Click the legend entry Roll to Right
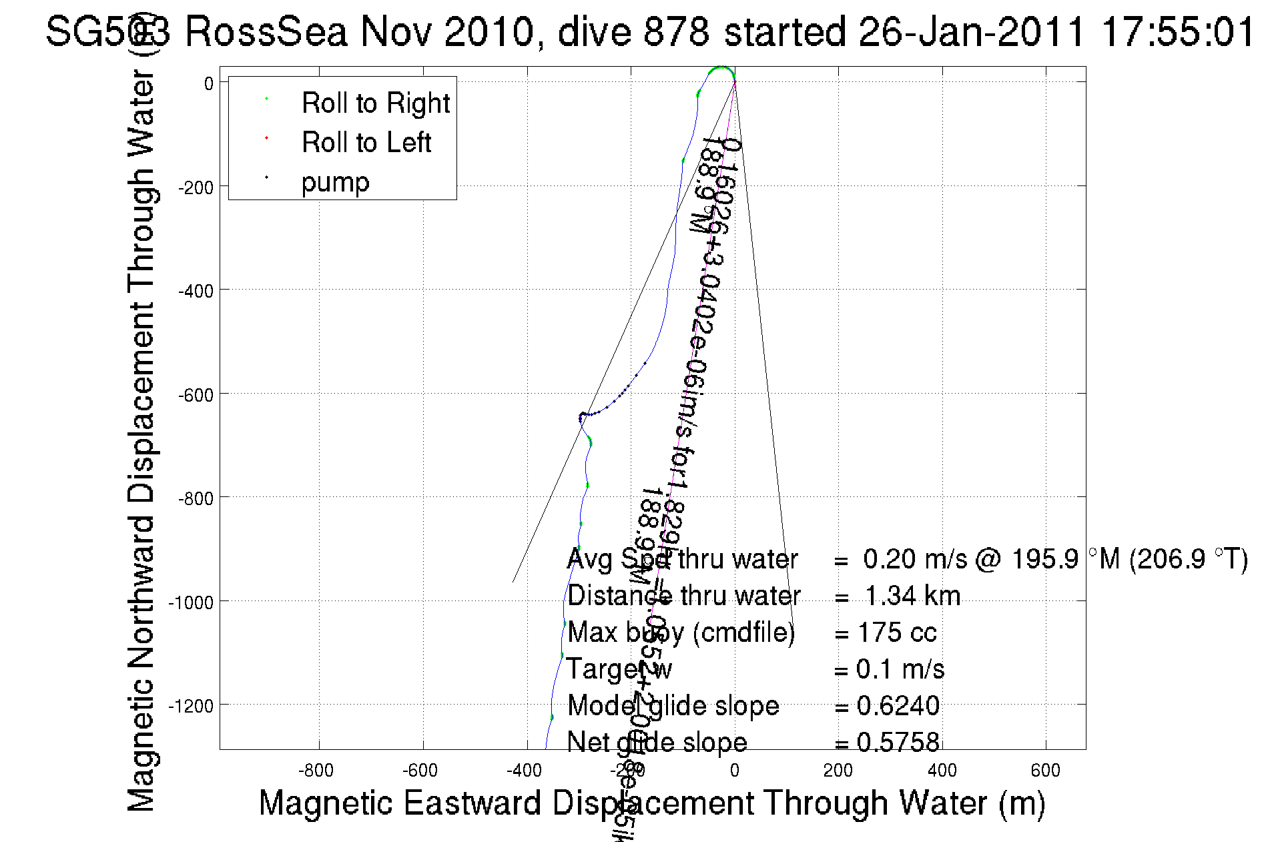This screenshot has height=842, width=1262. (375, 103)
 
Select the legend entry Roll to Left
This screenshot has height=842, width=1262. (366, 143)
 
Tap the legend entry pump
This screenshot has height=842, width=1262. (335, 182)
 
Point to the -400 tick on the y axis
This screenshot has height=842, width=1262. (195, 291)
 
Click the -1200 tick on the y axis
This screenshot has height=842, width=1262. (190, 706)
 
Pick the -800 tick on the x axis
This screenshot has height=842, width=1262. (316, 771)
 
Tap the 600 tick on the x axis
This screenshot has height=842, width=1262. (1045, 771)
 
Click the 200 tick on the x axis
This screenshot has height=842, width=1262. (838, 771)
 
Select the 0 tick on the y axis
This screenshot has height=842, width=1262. (209, 83)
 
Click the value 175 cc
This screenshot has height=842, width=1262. (897, 633)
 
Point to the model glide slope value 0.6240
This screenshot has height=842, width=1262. (898, 706)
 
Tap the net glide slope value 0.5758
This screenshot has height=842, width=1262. (898, 743)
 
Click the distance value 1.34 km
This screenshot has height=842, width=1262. (912, 596)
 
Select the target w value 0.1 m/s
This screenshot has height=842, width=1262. (900, 669)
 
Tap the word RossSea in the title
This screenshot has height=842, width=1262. (266, 31)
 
